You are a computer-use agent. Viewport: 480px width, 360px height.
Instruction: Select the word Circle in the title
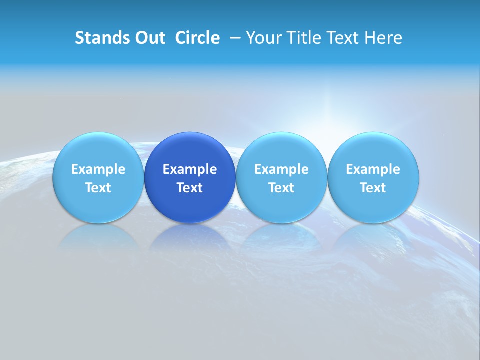(197, 38)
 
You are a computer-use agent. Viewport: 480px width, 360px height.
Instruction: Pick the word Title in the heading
(304, 38)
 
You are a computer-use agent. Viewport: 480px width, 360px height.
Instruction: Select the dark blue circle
(190, 177)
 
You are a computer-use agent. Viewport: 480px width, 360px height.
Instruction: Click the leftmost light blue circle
(98, 177)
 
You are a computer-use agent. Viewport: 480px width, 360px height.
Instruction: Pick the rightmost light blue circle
(373, 177)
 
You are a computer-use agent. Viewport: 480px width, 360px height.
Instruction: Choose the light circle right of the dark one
(281, 177)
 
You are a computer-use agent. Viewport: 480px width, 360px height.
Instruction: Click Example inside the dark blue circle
(190, 169)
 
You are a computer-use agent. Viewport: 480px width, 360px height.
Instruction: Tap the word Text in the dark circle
(190, 188)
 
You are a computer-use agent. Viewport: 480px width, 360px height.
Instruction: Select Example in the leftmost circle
(98, 169)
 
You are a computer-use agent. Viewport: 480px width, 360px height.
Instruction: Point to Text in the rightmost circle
(373, 188)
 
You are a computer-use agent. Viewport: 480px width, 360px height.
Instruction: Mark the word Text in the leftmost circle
(98, 188)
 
